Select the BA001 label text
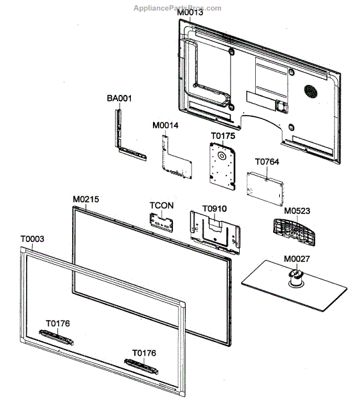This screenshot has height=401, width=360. pyautogui.click(x=120, y=98)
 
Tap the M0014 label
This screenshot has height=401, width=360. pyautogui.click(x=165, y=125)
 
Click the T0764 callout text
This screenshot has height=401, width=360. pyautogui.click(x=267, y=161)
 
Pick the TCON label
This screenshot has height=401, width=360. pyautogui.click(x=162, y=205)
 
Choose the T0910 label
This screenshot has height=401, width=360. pyautogui.click(x=214, y=208)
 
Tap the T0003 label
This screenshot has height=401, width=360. pyautogui.click(x=33, y=239)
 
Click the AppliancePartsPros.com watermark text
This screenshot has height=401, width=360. pyautogui.click(x=178, y=8)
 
